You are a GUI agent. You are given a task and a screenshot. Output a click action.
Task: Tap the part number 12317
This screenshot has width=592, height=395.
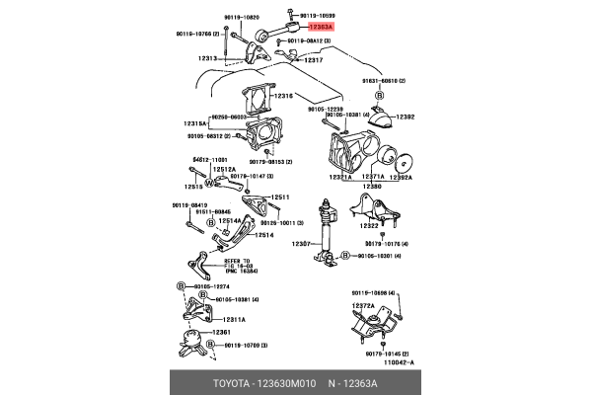(x=314, y=60)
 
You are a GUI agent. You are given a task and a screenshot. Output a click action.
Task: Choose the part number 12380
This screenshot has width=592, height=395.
(x=371, y=186)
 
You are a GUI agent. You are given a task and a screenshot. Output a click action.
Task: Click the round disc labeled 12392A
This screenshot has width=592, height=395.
(x=402, y=160)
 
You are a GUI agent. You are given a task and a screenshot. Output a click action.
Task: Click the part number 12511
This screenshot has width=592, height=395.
(x=282, y=197)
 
